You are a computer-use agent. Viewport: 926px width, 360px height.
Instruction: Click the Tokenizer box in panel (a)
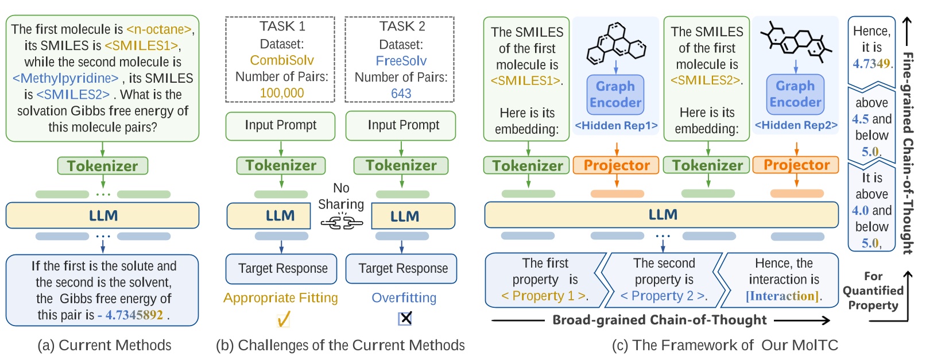click(x=102, y=166)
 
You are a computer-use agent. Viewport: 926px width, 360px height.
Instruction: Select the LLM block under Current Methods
click(x=102, y=216)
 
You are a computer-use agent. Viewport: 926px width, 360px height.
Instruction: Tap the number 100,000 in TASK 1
click(x=281, y=93)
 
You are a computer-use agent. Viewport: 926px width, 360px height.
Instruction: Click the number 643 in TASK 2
click(x=401, y=94)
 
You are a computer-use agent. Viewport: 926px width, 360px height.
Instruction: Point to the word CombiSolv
click(x=281, y=60)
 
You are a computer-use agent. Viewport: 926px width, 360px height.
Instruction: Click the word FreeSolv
click(x=401, y=61)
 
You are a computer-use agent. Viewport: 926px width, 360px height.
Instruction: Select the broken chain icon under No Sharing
click(x=341, y=222)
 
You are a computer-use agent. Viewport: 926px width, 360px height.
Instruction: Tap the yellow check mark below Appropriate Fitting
click(x=283, y=319)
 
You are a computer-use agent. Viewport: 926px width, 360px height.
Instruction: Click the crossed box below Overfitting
click(x=405, y=318)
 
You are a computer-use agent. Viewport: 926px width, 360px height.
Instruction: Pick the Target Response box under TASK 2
click(x=402, y=269)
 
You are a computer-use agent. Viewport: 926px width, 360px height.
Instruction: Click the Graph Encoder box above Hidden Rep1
click(x=615, y=95)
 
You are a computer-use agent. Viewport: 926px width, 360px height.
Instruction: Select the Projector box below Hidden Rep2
click(x=796, y=165)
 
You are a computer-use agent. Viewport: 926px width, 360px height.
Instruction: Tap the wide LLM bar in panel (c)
click(x=661, y=215)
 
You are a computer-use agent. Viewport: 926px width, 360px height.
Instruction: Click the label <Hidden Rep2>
click(x=796, y=125)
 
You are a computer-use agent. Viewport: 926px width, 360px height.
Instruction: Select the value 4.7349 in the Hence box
click(x=871, y=64)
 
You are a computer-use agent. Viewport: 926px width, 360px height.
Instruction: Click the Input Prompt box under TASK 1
click(x=280, y=126)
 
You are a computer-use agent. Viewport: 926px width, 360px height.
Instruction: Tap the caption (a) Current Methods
click(x=104, y=345)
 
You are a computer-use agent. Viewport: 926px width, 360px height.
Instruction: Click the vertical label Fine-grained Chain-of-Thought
click(x=908, y=152)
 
